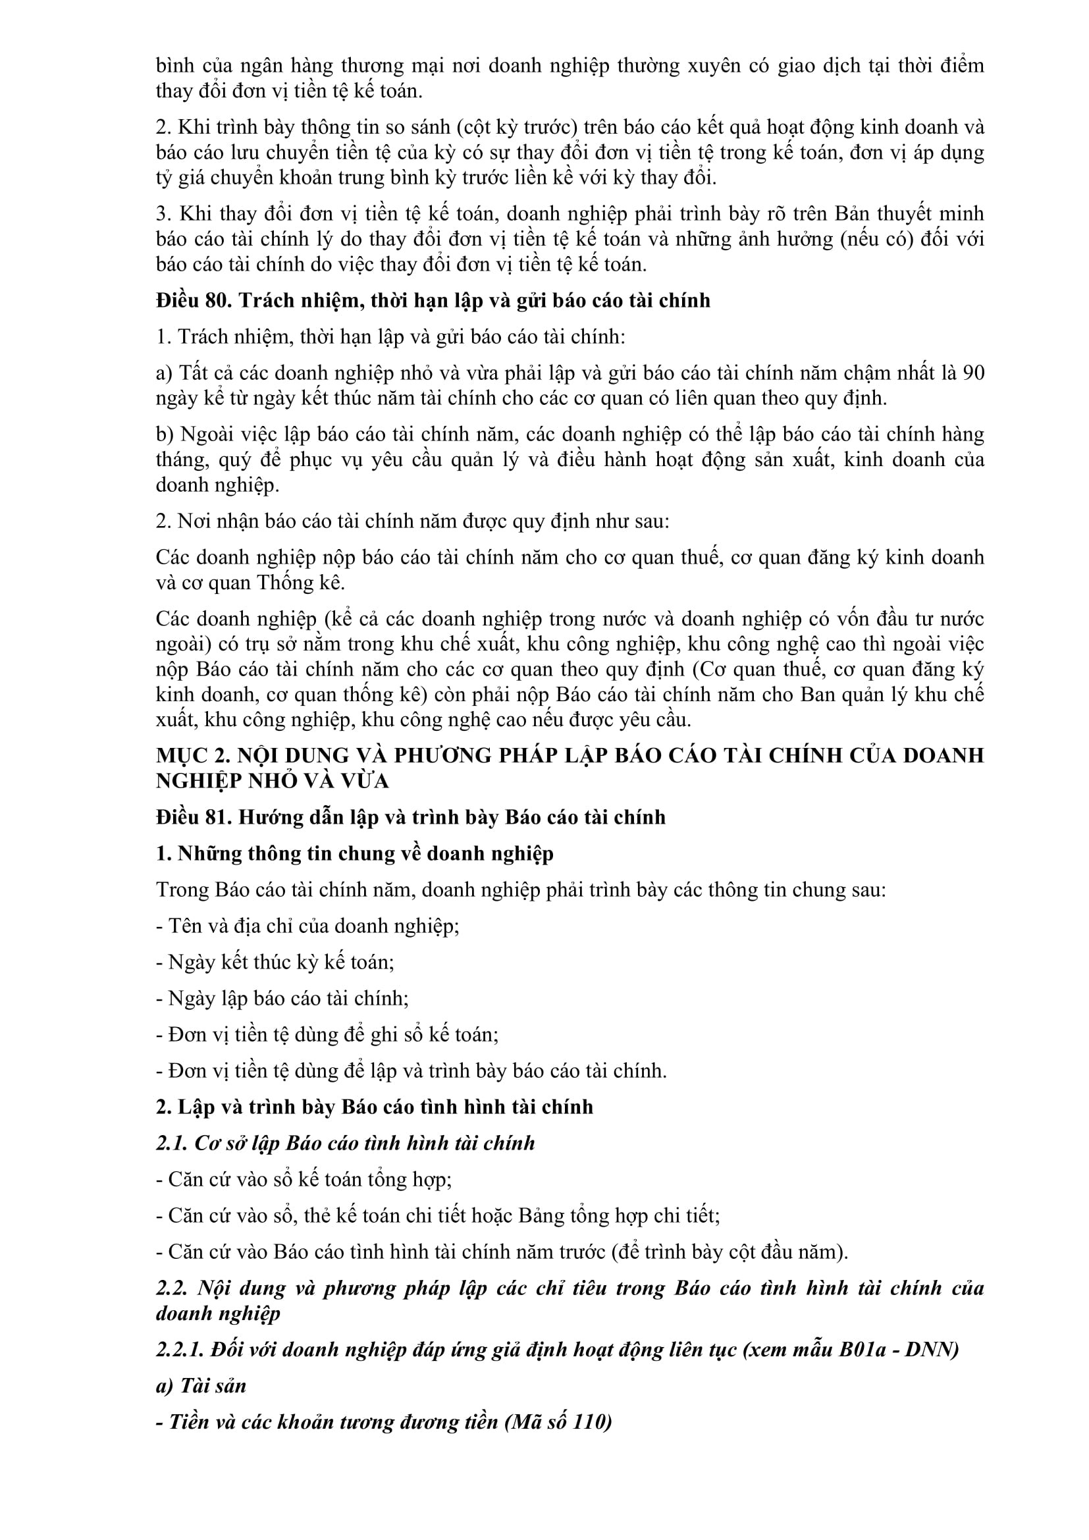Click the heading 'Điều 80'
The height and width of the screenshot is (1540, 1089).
[193, 300]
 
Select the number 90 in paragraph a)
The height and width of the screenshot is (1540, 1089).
[973, 373]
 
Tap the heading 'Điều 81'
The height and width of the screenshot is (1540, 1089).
[193, 817]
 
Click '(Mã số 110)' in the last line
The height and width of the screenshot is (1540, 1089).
[558, 1422]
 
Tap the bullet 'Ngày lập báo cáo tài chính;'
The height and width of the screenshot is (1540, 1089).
[282, 998]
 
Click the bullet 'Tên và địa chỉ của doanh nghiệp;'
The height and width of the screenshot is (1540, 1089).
[307, 926]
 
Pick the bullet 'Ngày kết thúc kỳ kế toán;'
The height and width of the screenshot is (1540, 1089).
[275, 962]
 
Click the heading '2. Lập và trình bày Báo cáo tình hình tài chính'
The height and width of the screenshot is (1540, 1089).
[374, 1107]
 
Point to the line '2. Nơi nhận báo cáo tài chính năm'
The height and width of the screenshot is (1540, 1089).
[412, 521]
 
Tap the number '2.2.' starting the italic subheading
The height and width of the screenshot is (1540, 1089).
[172, 1288]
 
